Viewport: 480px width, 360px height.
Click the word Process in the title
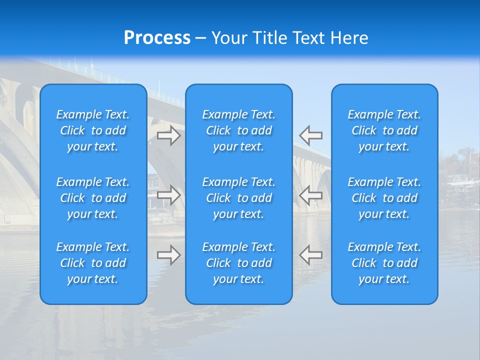click(x=157, y=38)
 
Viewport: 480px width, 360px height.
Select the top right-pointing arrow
click(x=169, y=135)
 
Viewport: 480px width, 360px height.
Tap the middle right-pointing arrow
click(x=169, y=194)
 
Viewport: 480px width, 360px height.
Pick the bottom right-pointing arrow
click(x=169, y=255)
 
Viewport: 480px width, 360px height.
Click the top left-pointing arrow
click(x=310, y=135)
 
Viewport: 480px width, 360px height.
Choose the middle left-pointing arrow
click(x=310, y=194)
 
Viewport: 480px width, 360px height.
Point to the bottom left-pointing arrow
click(x=310, y=255)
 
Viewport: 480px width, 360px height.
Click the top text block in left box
click(x=93, y=130)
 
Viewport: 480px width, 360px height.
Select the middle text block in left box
click(x=93, y=198)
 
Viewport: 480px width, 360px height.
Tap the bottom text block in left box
click(x=93, y=263)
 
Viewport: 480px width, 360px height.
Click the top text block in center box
click(x=238, y=130)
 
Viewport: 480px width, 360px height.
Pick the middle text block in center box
click(x=238, y=198)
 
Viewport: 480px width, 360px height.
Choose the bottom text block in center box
click(x=238, y=263)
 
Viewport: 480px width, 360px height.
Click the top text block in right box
click(x=384, y=130)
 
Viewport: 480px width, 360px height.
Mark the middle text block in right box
click(x=384, y=198)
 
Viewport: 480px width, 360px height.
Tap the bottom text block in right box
click(x=384, y=263)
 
